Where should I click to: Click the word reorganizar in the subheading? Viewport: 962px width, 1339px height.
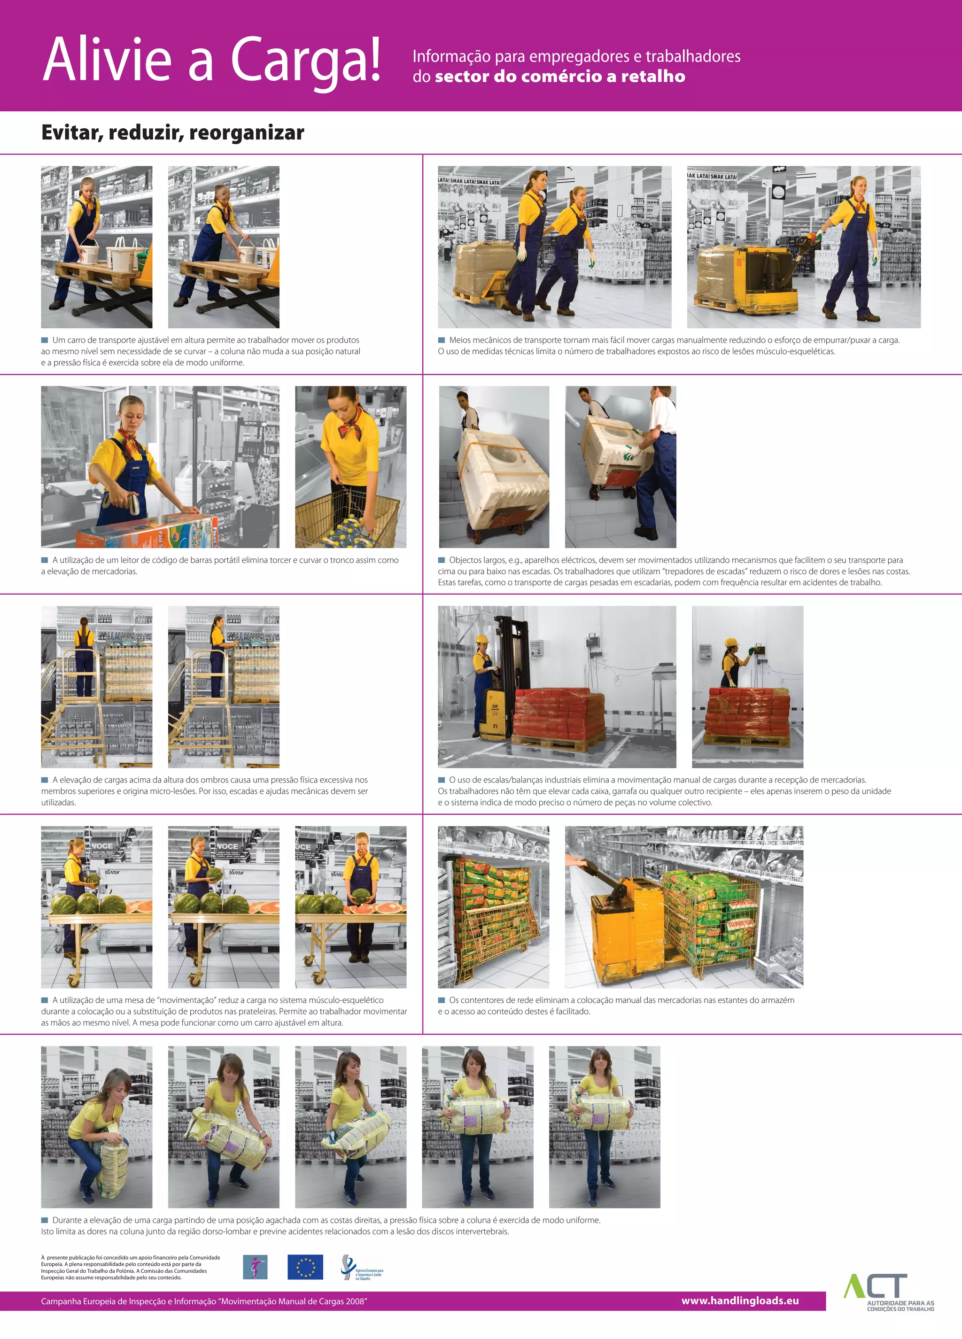[x=247, y=133]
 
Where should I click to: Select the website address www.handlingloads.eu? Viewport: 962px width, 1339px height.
[x=740, y=1300]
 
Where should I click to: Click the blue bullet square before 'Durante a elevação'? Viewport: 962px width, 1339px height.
[x=44, y=1220]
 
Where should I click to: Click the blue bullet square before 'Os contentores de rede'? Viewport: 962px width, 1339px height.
[x=441, y=1000]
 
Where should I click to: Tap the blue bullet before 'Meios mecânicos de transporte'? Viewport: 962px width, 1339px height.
[x=441, y=340]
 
